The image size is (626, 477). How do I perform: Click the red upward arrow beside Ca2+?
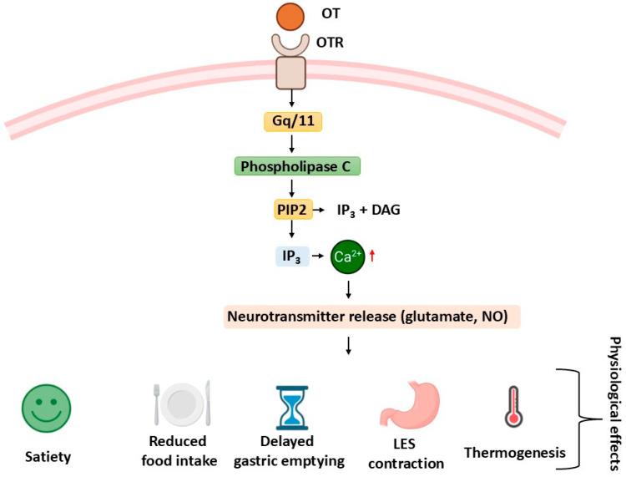(x=373, y=255)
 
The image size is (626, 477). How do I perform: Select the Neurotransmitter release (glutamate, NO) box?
(x=371, y=316)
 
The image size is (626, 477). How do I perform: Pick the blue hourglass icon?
(x=291, y=405)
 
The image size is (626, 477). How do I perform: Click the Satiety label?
(x=47, y=456)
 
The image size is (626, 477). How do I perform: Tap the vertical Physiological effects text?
(x=615, y=405)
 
